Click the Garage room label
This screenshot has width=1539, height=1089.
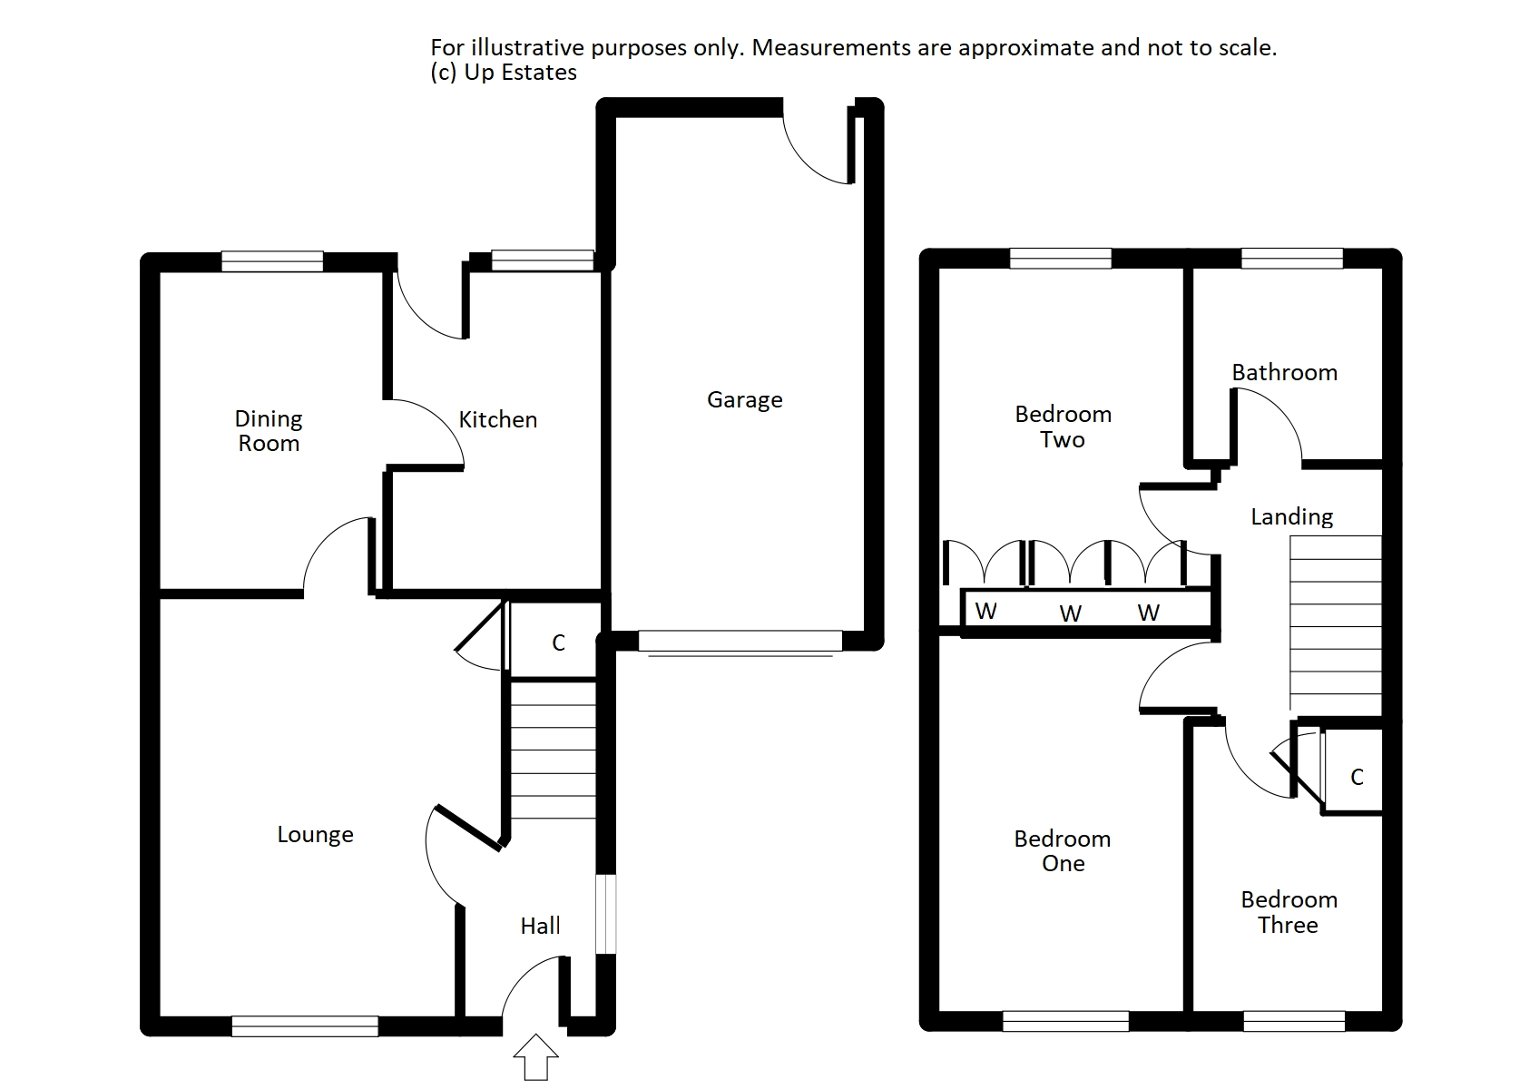[x=744, y=400]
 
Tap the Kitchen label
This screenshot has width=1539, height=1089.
[x=497, y=419]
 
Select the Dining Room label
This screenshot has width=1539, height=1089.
[x=269, y=431]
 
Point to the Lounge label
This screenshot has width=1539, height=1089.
[x=315, y=835]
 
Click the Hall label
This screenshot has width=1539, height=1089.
[x=540, y=926]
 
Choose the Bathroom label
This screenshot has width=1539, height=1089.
[x=1284, y=372]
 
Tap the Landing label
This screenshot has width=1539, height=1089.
[x=1291, y=517]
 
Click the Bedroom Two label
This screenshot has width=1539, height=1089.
[x=1063, y=427]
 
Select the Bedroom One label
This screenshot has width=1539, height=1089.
[x=1063, y=851]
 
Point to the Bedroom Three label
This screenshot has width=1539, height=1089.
[x=1289, y=912]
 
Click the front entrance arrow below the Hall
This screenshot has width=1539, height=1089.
[x=536, y=1056]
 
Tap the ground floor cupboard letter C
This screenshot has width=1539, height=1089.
[x=558, y=643]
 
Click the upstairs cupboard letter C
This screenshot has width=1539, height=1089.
[x=1357, y=778]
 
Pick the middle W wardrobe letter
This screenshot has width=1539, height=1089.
[x=1071, y=614]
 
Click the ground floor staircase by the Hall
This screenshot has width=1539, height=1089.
[x=553, y=751]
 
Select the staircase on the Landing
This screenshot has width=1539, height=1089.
[x=1335, y=622]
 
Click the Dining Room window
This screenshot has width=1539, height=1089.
[x=272, y=261]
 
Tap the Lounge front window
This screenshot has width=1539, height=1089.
[x=305, y=1025]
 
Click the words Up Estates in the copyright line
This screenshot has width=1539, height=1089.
[x=520, y=73]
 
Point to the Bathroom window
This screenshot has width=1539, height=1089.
[x=1291, y=259]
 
